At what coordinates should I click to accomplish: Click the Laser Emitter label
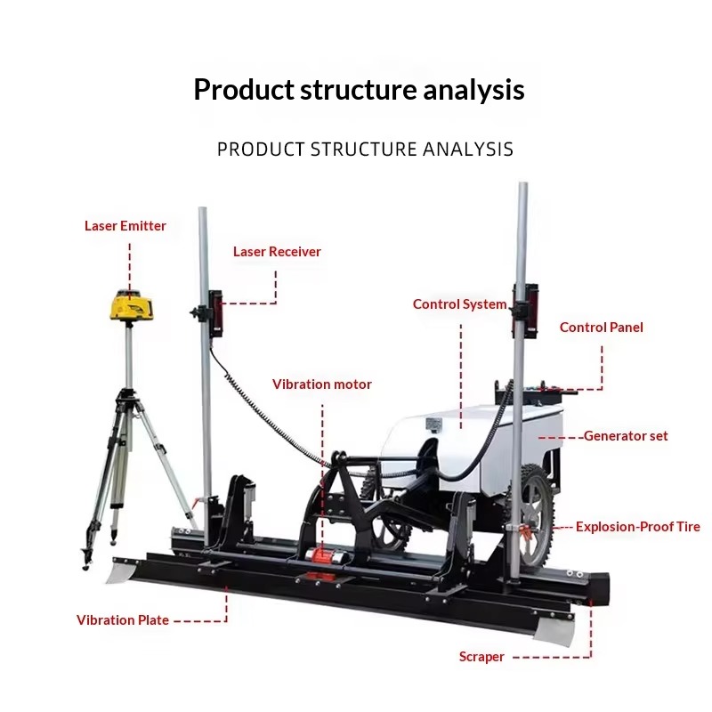point(125,226)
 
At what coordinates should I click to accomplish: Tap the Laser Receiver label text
point(277,252)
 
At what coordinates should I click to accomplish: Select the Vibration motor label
point(322,384)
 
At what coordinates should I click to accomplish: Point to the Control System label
point(459,304)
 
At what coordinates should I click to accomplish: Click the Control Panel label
point(602,328)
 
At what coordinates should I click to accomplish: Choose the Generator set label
point(626,436)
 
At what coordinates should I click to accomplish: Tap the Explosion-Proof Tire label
point(638,527)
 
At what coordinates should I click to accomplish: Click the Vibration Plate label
point(123,620)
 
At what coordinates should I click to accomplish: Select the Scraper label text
point(481,657)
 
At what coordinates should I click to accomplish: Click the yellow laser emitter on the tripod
point(130,305)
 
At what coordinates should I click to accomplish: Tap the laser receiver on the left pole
point(215,313)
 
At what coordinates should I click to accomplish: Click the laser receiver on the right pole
point(527,311)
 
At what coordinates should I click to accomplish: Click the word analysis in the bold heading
point(473,90)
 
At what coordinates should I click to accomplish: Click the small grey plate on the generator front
point(433,425)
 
